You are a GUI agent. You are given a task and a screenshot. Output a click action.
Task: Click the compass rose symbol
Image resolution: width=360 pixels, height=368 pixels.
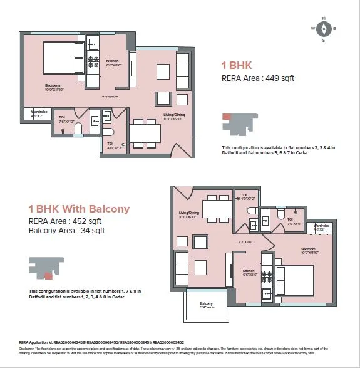324,29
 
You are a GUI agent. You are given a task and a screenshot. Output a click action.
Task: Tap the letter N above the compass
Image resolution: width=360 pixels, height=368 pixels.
324,18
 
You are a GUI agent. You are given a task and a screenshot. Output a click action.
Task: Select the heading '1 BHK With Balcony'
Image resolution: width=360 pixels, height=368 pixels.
79,209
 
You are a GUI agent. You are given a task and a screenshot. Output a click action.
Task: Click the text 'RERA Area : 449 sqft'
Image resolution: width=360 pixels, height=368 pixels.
258,78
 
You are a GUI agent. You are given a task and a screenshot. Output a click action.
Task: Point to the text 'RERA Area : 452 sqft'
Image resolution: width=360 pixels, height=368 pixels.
64,221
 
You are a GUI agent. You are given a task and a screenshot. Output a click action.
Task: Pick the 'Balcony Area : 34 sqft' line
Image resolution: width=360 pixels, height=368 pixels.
66,230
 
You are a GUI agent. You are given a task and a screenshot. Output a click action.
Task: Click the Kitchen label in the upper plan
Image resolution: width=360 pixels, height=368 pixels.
113,61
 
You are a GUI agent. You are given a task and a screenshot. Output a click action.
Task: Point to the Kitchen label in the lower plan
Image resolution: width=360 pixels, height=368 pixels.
250,272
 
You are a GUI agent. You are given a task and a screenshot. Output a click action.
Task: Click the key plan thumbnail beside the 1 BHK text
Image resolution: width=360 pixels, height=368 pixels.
239,124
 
